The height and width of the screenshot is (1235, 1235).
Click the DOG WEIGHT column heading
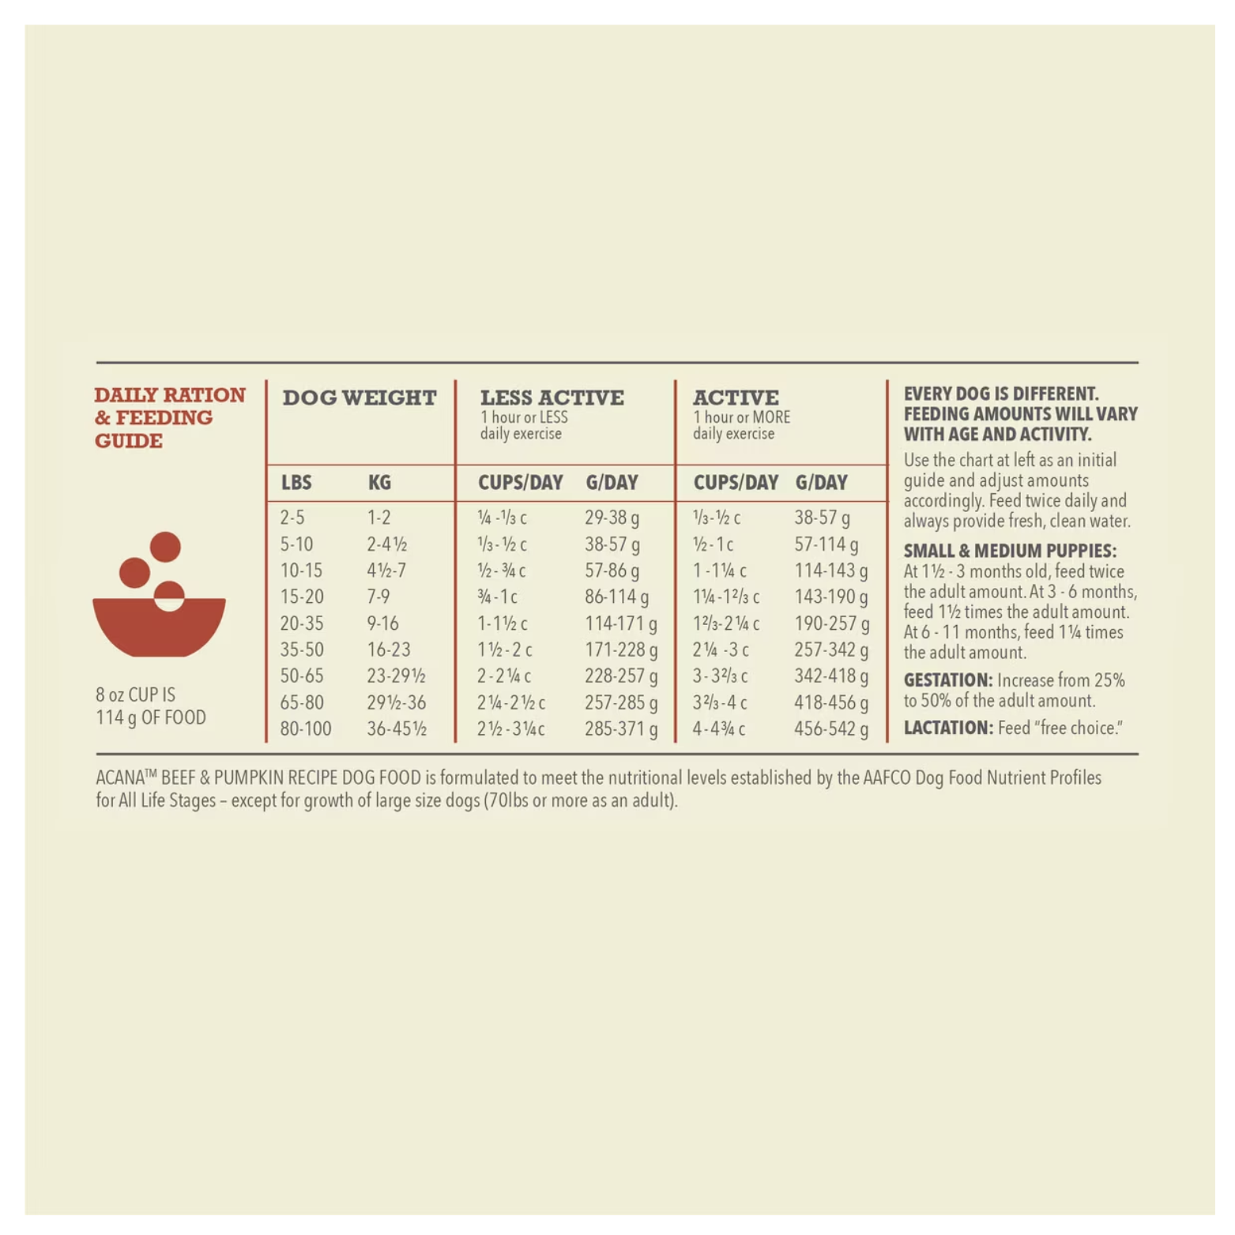pyautogui.click(x=359, y=397)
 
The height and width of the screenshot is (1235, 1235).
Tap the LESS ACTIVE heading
pyautogui.click(x=552, y=397)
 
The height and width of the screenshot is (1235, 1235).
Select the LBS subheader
pyautogui.click(x=296, y=482)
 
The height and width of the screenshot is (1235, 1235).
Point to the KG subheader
pyautogui.click(x=379, y=482)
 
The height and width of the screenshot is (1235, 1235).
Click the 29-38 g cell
pyautogui.click(x=612, y=518)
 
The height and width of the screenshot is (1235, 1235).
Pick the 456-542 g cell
pyautogui.click(x=831, y=729)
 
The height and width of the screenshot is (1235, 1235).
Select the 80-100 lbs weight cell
pyautogui.click(x=306, y=729)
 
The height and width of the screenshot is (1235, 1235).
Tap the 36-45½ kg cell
pyautogui.click(x=397, y=729)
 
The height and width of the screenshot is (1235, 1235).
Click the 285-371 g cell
pyautogui.click(x=620, y=729)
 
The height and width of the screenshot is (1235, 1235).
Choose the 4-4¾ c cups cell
pyautogui.click(x=718, y=729)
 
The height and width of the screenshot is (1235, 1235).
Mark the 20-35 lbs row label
pyautogui.click(x=302, y=623)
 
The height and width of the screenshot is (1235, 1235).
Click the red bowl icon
pyautogui.click(x=159, y=627)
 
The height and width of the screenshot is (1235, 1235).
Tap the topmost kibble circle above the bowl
pyautogui.click(x=165, y=547)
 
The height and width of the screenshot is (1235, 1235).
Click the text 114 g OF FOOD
pyautogui.click(x=151, y=717)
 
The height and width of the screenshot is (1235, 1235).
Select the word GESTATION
pyautogui.click(x=947, y=680)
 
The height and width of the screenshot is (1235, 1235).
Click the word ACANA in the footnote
pyautogui.click(x=120, y=778)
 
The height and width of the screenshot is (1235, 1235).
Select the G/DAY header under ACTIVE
pyautogui.click(x=821, y=482)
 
